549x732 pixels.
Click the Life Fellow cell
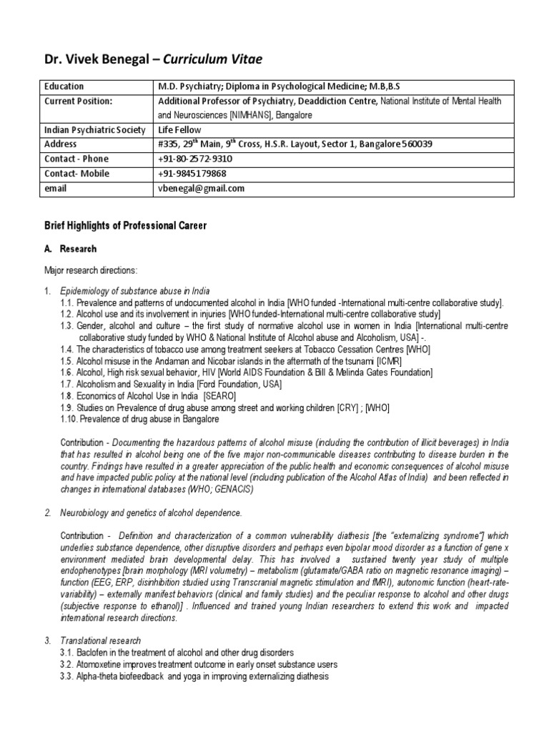click(179, 130)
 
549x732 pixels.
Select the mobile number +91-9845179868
click(192, 174)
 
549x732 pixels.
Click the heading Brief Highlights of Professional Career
click(125, 226)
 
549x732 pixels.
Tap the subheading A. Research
click(74, 249)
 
